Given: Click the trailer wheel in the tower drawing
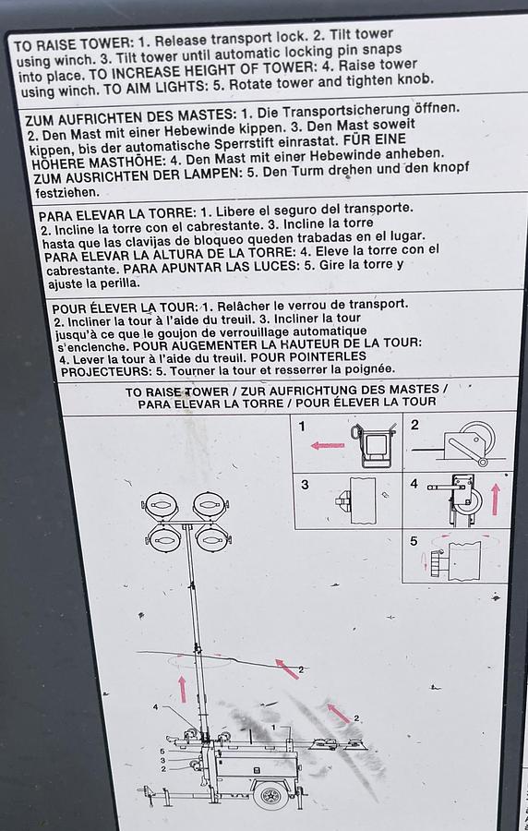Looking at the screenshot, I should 270,795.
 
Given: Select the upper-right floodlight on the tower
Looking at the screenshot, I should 210,505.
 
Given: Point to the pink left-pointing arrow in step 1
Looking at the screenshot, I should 327,445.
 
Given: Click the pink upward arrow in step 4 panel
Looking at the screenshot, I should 495,500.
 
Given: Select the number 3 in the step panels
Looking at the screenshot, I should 305,485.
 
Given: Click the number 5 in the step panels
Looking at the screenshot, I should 413,540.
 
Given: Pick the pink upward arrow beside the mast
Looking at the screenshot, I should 182,688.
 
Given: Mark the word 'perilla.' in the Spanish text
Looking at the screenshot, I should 115,283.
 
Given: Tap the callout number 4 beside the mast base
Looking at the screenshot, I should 156,708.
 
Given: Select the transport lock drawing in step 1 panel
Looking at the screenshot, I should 374,445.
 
